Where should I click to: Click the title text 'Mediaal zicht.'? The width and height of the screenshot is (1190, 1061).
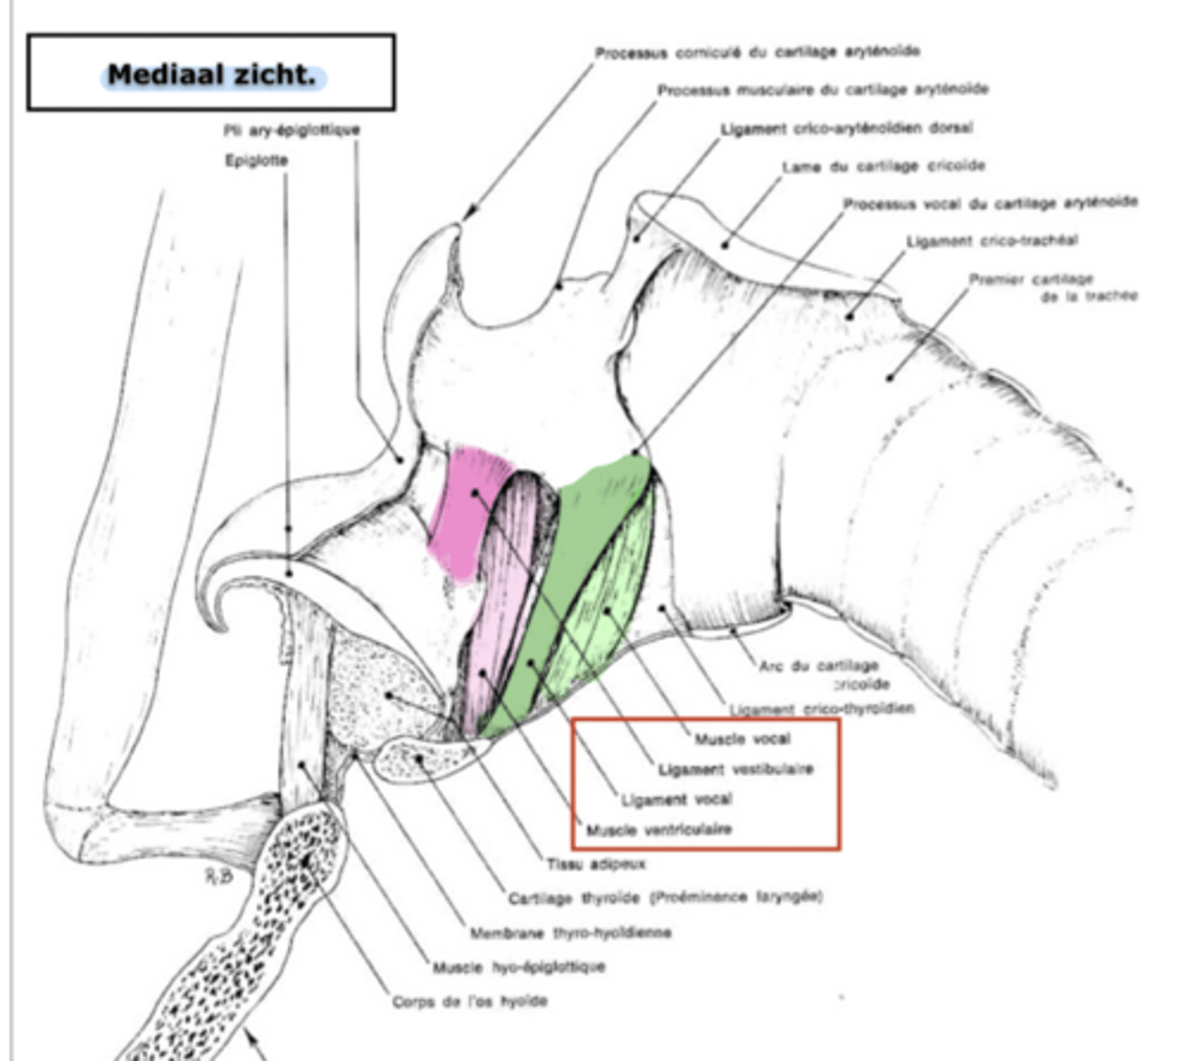(x=211, y=75)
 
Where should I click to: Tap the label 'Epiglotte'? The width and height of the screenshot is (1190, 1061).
(x=257, y=161)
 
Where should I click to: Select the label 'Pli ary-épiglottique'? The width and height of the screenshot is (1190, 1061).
(x=291, y=130)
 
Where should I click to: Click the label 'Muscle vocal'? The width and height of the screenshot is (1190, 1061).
(x=741, y=739)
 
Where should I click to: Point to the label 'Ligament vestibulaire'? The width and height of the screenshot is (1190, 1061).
(x=735, y=769)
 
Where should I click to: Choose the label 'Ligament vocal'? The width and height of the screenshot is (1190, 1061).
(x=676, y=800)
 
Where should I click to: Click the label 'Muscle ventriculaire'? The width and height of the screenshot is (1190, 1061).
(x=658, y=830)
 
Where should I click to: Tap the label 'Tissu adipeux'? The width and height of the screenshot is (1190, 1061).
(x=595, y=864)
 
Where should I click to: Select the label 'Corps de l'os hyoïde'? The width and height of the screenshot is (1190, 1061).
(x=470, y=1002)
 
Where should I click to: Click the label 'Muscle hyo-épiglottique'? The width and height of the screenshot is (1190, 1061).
(x=518, y=967)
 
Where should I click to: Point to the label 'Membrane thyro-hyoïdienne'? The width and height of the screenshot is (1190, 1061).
(x=570, y=933)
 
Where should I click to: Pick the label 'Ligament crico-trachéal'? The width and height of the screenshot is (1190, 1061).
(x=992, y=240)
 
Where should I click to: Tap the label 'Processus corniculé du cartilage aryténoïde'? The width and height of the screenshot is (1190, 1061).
(x=756, y=52)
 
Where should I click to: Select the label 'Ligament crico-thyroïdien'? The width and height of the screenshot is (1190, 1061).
(x=821, y=709)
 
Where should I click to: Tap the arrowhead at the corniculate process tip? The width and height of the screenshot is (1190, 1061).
(x=469, y=213)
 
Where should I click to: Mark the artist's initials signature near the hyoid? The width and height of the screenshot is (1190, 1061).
(x=219, y=875)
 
